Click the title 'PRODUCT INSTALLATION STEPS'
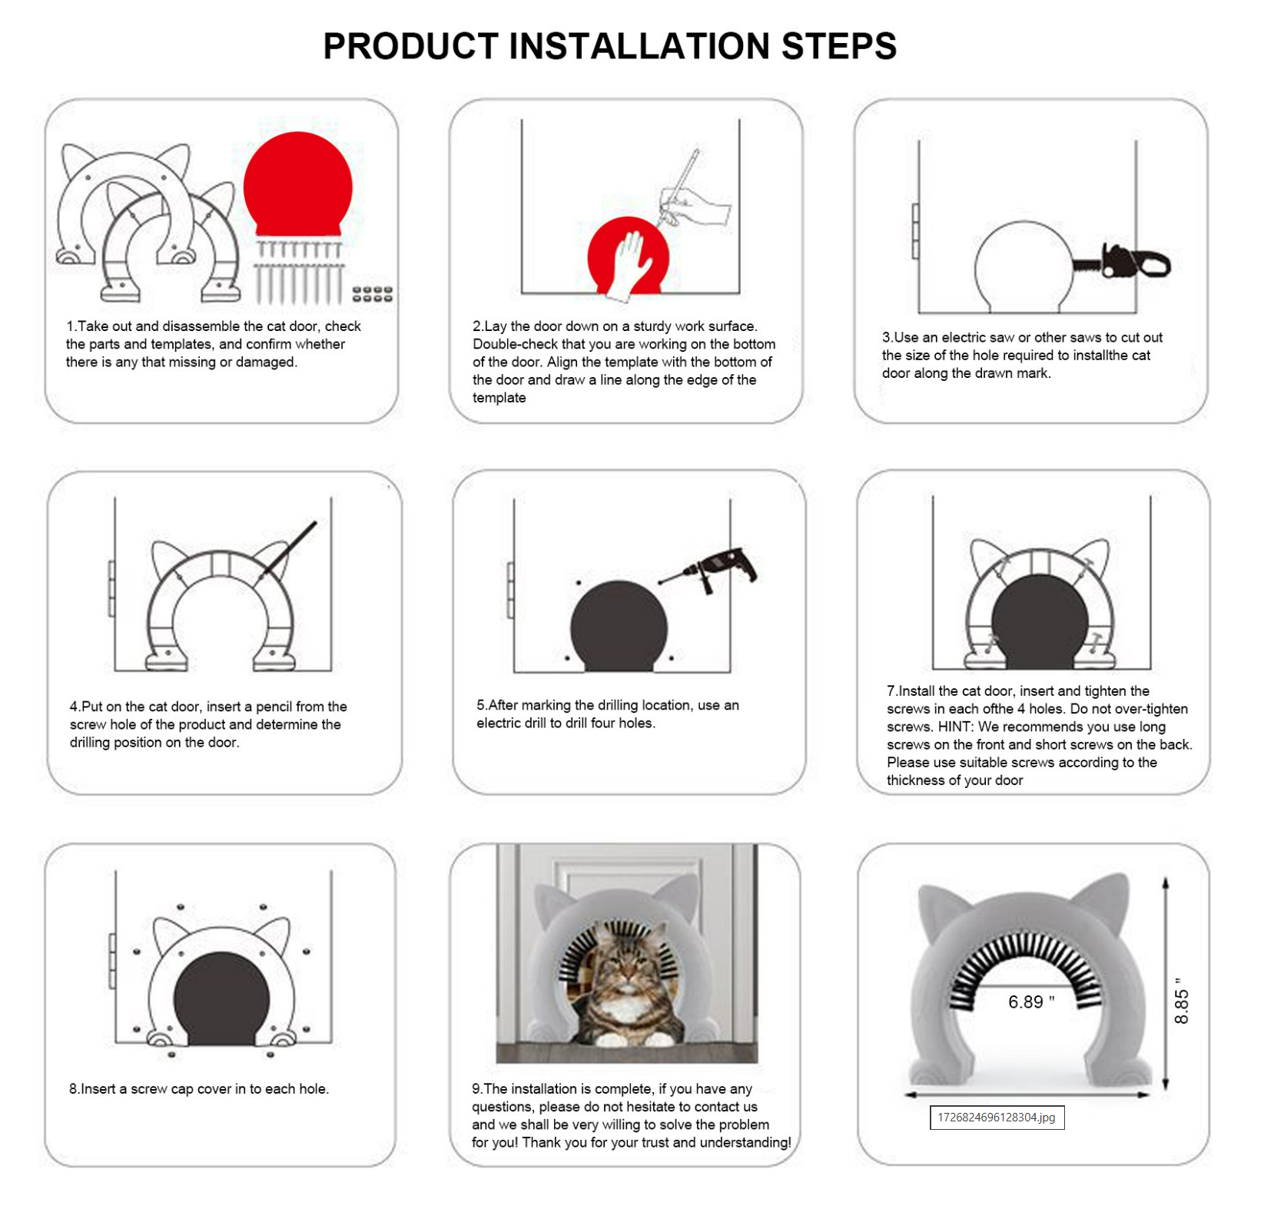pyautogui.click(x=609, y=46)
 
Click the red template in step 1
pyautogui.click(x=297, y=184)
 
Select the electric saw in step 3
pyautogui.click(x=1121, y=262)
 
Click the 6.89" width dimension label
pyautogui.click(x=1031, y=1002)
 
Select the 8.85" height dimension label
pyautogui.click(x=1181, y=1001)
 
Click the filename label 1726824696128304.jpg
pyautogui.click(x=997, y=1118)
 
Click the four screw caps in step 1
pyautogui.click(x=372, y=294)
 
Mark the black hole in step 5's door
pyautogui.click(x=619, y=626)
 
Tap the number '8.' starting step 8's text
pyautogui.click(x=75, y=1088)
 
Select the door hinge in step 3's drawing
pyautogui.click(x=915, y=231)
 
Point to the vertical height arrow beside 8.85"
pyautogui.click(x=1166, y=984)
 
